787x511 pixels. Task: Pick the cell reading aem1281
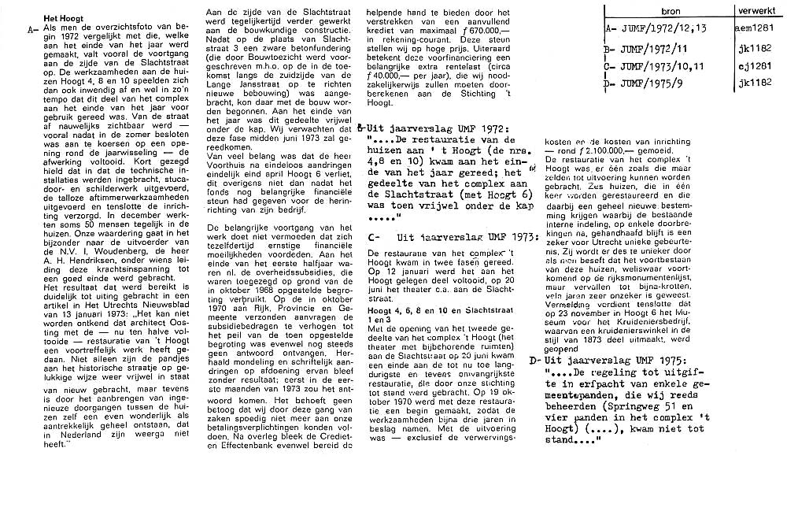[x=758, y=28]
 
